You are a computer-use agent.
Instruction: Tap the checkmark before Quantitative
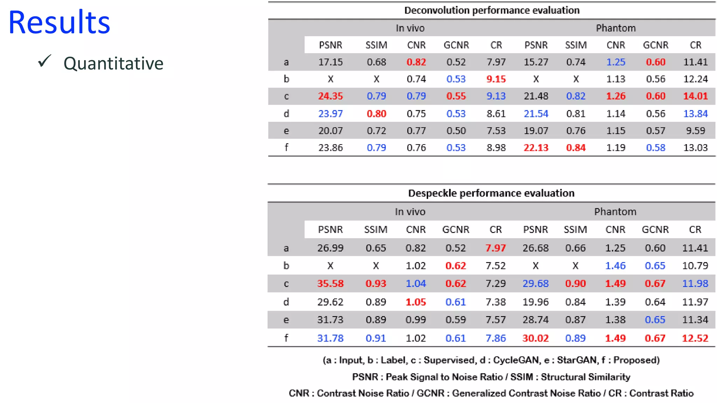[x=45, y=61]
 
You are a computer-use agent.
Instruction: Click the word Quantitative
[x=113, y=64]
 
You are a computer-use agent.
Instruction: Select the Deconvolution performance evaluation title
[x=492, y=10]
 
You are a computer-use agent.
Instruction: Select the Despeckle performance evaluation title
[x=491, y=193]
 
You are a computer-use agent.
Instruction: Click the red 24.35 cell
[x=330, y=96]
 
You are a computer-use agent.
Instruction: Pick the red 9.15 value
[x=496, y=79]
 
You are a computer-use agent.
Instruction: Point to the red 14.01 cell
[x=695, y=96]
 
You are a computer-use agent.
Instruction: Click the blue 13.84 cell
[x=695, y=114]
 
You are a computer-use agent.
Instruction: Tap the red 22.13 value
[x=536, y=148]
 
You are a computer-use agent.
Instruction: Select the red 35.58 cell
[x=330, y=283]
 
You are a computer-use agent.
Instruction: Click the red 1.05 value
[x=416, y=302]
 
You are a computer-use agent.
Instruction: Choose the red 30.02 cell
[x=535, y=338]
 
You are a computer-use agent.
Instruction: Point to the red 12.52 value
[x=695, y=338]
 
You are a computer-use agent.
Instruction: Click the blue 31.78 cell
[x=330, y=338]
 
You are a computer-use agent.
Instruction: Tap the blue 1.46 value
[x=615, y=266]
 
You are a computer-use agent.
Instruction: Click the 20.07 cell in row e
[x=330, y=131]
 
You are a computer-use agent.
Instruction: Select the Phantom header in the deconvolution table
[x=615, y=28]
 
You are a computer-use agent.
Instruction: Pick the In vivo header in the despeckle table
[x=410, y=212]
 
